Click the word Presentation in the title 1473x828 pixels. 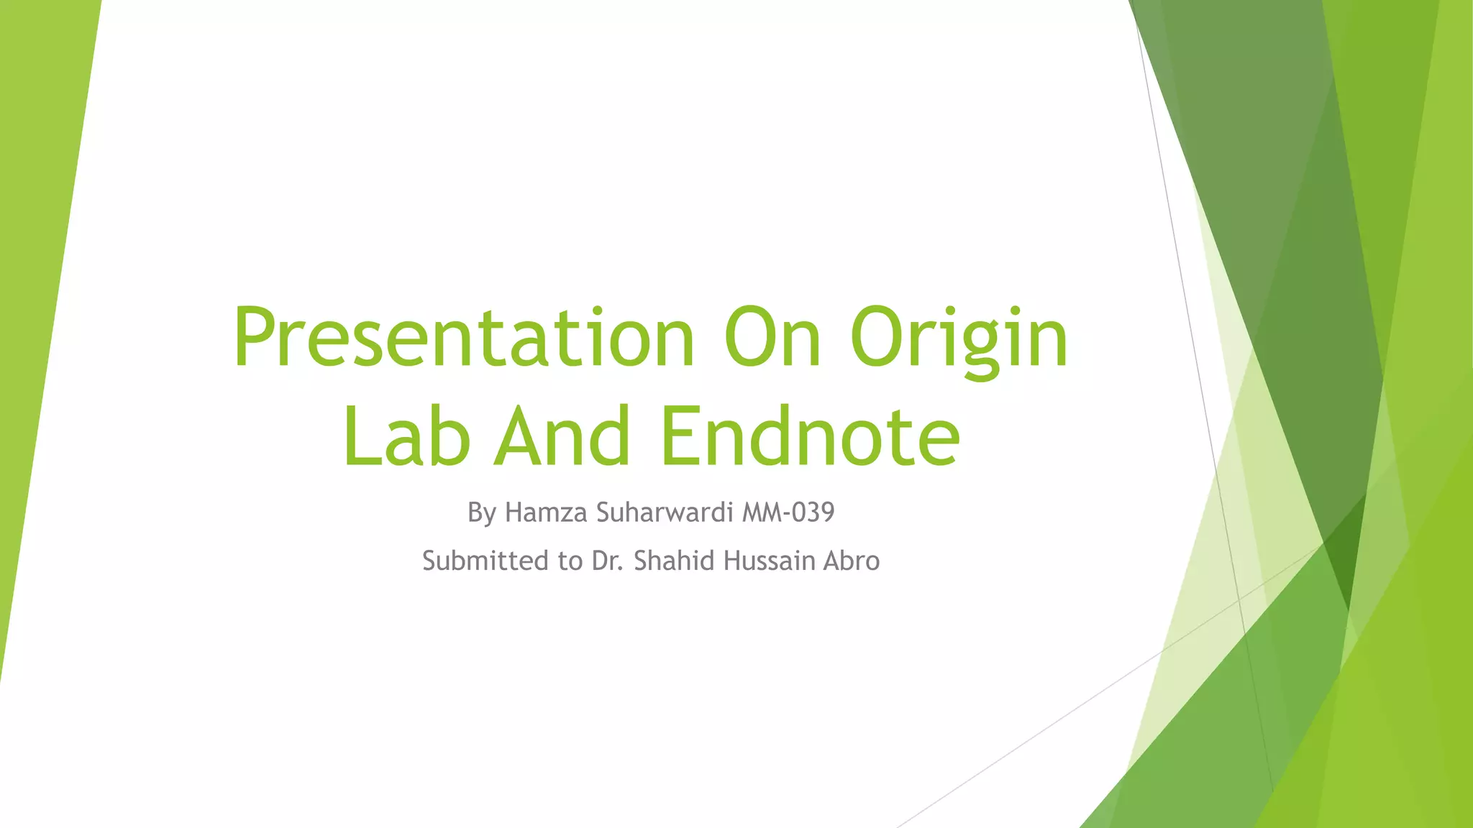pyautogui.click(x=464, y=338)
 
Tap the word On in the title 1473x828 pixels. pyautogui.click(x=772, y=338)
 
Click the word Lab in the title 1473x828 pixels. pyautogui.click(x=406, y=436)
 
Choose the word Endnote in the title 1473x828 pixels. pyautogui.click(x=811, y=436)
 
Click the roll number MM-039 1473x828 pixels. pyautogui.click(x=788, y=512)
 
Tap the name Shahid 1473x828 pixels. pyautogui.click(x=674, y=561)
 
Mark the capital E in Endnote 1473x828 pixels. pyautogui.click(x=680, y=436)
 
